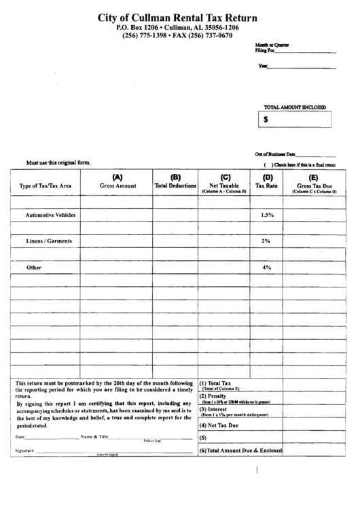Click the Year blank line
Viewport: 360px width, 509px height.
(302, 67)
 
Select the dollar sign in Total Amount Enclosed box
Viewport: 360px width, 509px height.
(266, 119)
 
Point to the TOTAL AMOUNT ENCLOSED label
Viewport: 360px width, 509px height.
(295, 107)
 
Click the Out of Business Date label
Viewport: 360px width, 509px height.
(275, 154)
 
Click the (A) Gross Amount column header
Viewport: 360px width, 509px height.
(118, 181)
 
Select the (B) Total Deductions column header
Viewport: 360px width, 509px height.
(175, 181)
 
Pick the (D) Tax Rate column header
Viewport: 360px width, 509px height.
(266, 181)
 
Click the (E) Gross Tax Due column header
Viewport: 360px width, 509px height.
(314, 183)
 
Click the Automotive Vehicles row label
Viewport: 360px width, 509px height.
(50, 215)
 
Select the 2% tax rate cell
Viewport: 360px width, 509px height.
(266, 241)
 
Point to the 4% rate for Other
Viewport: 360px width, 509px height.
(266, 268)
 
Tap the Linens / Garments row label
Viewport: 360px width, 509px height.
(48, 241)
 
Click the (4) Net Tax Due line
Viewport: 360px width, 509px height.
(219, 425)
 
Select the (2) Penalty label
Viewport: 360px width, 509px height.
(213, 396)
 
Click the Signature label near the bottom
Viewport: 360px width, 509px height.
(24, 451)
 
